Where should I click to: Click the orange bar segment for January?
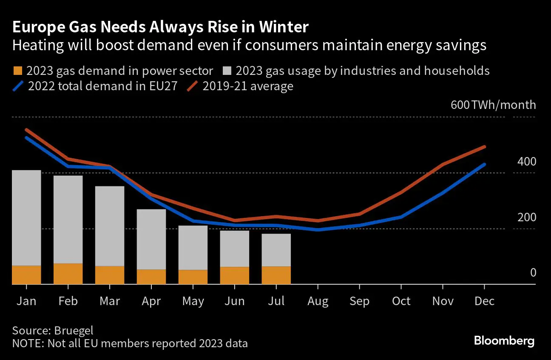(26, 274)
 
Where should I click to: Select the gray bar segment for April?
(151, 239)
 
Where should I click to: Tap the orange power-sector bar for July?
(276, 275)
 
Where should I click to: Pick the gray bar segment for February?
(68, 219)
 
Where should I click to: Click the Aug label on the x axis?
(318, 301)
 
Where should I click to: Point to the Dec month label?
(484, 301)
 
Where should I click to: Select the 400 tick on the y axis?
(527, 162)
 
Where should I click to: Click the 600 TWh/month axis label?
(493, 105)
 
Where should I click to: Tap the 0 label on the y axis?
(533, 273)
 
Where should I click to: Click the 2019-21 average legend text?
(248, 86)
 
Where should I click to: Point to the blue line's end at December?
(485, 164)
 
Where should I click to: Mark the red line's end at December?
(485, 147)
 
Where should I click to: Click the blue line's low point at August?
(318, 230)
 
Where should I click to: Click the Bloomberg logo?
(504, 341)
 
